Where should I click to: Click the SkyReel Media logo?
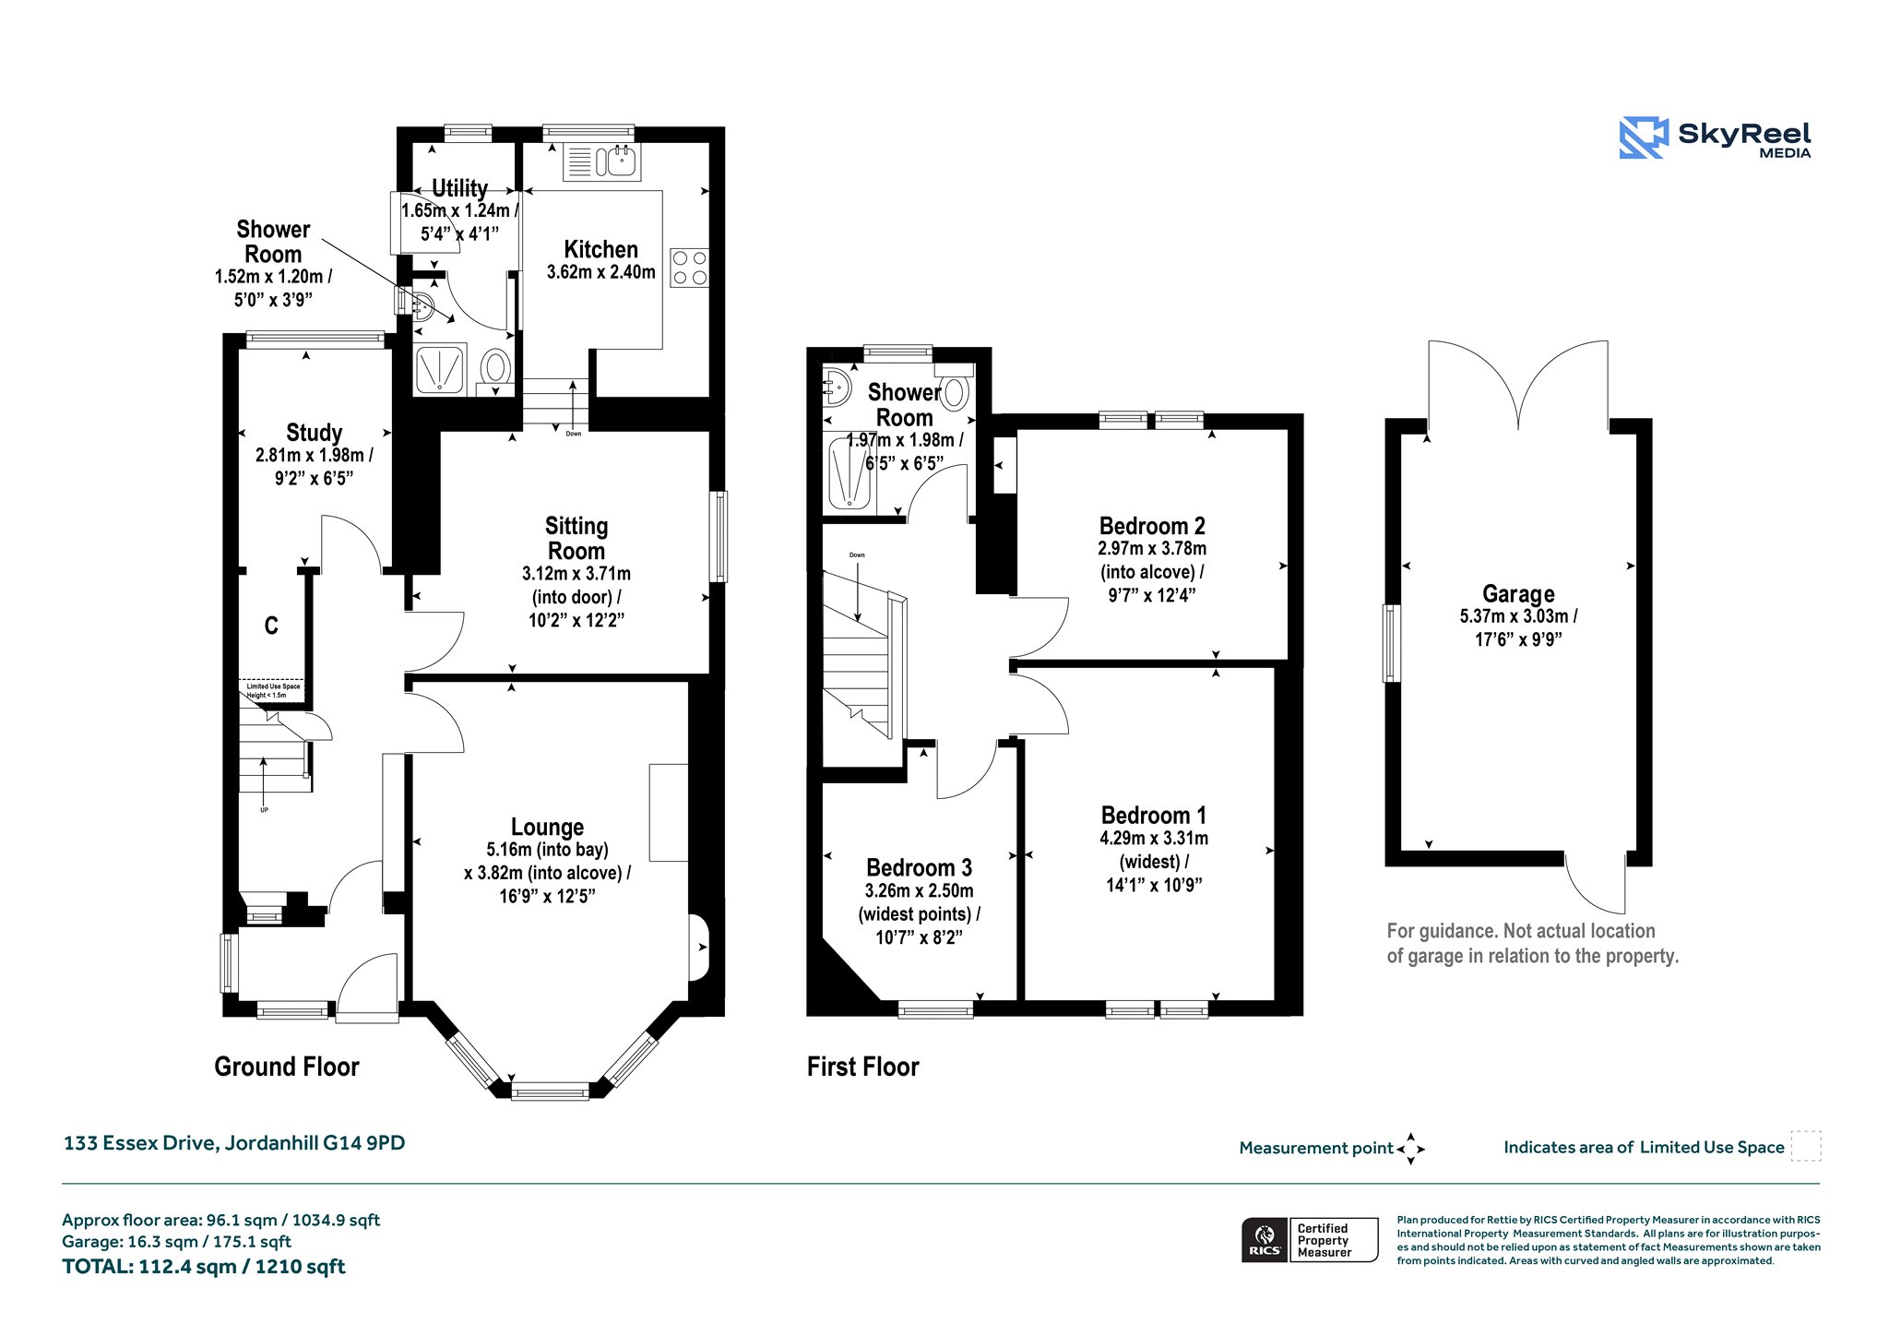(x=1715, y=137)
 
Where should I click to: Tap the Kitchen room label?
(x=600, y=249)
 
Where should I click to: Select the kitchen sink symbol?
(x=601, y=162)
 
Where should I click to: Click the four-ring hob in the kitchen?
(x=689, y=268)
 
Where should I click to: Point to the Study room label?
(x=314, y=432)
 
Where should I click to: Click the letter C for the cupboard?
(x=271, y=626)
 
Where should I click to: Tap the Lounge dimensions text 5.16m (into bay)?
(x=547, y=850)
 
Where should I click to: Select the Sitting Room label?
(x=576, y=538)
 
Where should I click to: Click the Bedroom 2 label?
(x=1152, y=526)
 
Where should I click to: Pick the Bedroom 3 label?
(x=919, y=867)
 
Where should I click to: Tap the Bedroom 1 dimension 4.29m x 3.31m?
(x=1154, y=838)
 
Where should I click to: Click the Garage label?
(x=1518, y=593)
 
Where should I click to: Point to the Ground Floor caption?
(x=287, y=1067)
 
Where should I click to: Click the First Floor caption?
(x=863, y=1067)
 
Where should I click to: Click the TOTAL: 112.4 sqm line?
(x=204, y=1267)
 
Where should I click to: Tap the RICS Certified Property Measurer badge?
(x=1310, y=1240)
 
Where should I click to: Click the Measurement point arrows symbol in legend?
(x=1410, y=1149)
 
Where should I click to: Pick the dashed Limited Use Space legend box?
(x=1806, y=1146)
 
